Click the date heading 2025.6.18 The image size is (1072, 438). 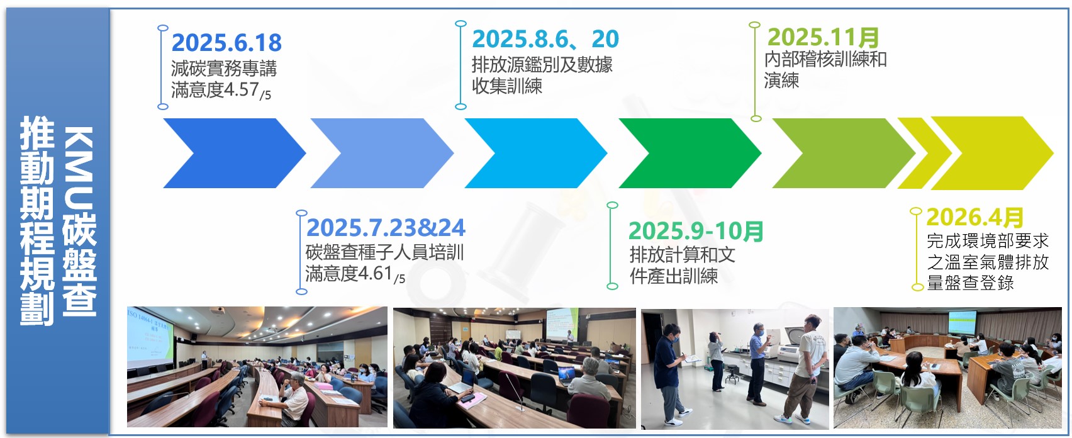point(226,43)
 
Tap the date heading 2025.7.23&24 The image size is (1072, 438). point(386,228)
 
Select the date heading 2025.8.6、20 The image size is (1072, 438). point(545,39)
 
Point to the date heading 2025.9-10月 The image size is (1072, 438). point(695,231)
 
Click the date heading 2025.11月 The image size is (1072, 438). point(823,37)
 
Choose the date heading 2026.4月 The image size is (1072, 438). point(975,218)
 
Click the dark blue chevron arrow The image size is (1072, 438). point(234,153)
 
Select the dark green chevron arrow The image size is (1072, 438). point(690,153)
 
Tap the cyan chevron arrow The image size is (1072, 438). point(535,153)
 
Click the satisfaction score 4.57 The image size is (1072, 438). point(241,90)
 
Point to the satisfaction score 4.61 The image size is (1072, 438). point(375,273)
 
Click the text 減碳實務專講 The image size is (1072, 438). point(224,69)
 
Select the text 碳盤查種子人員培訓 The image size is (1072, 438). point(385,252)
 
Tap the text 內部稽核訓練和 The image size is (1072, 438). point(825,59)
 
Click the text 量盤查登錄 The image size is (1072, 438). point(971,283)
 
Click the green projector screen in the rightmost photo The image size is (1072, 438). point(963,322)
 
